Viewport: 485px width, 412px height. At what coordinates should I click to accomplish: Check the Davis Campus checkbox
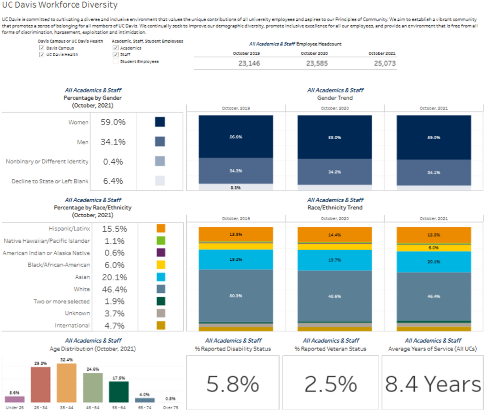[42, 48]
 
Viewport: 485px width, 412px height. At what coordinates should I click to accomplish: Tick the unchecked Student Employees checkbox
[115, 62]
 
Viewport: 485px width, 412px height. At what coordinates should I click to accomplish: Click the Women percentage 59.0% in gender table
[113, 122]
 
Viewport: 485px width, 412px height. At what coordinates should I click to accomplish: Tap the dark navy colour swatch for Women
[160, 122]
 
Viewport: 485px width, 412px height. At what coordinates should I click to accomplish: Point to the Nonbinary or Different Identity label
[47, 161]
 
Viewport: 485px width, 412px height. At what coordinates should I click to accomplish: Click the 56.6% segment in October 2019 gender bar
[236, 137]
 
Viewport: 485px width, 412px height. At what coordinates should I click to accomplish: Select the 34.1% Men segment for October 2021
[433, 173]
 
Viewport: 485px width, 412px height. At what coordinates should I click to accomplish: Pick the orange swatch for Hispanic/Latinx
[161, 228]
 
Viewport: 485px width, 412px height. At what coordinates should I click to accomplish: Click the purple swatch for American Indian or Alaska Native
[161, 253]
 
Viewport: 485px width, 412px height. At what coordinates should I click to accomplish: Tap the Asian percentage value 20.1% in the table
[114, 277]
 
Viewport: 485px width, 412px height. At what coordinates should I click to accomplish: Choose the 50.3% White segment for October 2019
[236, 295]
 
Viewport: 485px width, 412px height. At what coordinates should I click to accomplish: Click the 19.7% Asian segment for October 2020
[334, 260]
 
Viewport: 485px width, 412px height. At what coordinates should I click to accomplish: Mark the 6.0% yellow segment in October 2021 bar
[433, 248]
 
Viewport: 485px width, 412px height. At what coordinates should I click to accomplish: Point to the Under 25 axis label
[15, 408]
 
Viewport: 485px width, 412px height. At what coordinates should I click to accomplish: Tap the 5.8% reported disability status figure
[232, 384]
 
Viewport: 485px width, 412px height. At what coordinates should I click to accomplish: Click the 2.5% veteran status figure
[331, 384]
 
